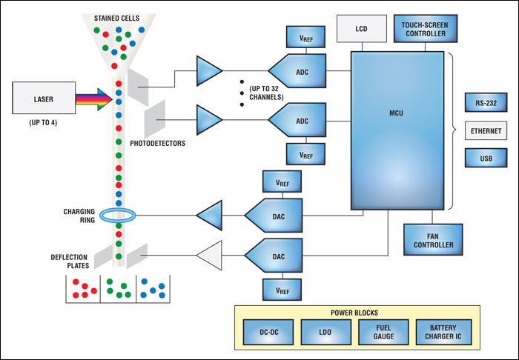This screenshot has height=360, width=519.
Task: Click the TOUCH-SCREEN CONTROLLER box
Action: [x=424, y=28]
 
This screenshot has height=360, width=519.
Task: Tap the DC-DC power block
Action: [x=268, y=333]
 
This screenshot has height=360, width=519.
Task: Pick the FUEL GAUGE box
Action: [x=383, y=333]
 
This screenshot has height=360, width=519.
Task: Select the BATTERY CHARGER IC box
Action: [x=443, y=333]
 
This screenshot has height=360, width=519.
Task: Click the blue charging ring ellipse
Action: [x=118, y=216]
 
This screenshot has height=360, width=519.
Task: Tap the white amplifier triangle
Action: [x=208, y=257]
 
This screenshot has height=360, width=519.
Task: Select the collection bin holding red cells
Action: [x=82, y=287]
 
